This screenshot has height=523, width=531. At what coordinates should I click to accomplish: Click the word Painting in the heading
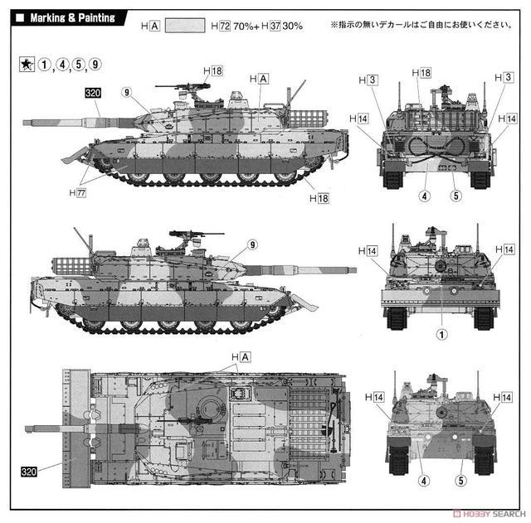(96, 17)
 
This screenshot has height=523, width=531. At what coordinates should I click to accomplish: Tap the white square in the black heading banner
(20, 17)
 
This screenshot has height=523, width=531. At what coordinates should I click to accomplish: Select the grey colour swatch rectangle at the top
(185, 26)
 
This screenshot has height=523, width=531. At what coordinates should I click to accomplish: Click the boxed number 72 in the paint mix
(225, 26)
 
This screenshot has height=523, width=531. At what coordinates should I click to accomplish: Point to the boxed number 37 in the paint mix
(275, 26)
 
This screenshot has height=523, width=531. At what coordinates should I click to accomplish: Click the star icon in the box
(27, 65)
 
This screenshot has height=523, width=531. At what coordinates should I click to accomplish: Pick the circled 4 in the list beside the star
(62, 65)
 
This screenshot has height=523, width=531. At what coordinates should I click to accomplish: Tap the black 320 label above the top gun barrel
(93, 93)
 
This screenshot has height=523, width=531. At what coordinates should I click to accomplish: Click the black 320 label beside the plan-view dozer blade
(29, 472)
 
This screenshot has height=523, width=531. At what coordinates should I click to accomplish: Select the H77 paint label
(77, 193)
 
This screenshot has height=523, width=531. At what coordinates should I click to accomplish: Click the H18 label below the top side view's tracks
(319, 198)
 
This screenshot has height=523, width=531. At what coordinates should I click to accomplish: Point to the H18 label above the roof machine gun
(213, 70)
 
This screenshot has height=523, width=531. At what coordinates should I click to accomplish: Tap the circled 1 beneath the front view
(441, 335)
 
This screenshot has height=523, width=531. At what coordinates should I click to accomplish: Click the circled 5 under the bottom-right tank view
(461, 481)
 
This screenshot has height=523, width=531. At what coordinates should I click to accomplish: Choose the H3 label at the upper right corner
(504, 77)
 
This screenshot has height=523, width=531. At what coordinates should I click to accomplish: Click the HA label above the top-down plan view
(241, 357)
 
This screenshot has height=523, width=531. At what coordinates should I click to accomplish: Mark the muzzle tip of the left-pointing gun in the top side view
(23, 122)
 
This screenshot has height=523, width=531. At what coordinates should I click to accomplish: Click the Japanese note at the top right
(421, 25)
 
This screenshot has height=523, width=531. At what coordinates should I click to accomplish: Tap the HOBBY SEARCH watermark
(490, 514)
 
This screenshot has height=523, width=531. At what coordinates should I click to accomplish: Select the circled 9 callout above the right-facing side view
(252, 245)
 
